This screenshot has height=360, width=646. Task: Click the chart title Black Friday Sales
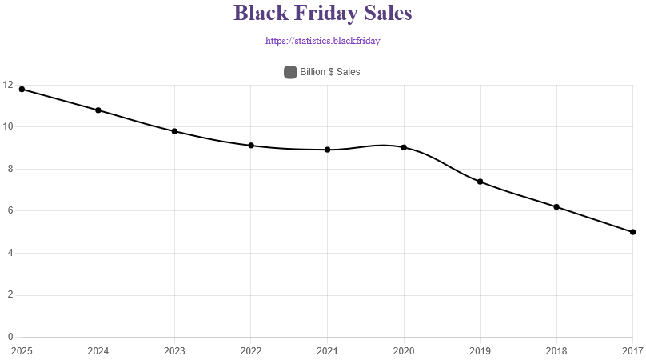tap(323, 14)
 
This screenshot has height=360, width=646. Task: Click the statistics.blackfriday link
tap(323, 40)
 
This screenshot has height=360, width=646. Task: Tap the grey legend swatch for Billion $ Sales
tap(290, 72)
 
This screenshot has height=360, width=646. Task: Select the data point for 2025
tap(22, 90)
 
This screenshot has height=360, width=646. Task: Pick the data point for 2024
tap(98, 110)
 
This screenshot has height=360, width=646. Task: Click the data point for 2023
tap(174, 131)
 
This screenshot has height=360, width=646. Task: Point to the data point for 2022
tap(251, 146)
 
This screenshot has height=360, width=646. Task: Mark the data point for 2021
tap(328, 150)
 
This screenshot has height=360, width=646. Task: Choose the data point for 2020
tap(404, 147)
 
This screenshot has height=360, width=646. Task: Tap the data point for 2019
tap(481, 182)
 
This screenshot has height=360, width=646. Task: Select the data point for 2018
tap(556, 207)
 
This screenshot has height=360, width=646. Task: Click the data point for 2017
tap(632, 232)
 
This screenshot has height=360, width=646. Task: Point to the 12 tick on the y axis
tap(7, 85)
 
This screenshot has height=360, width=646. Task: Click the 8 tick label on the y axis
tap(9, 169)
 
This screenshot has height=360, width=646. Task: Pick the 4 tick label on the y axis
tap(9, 253)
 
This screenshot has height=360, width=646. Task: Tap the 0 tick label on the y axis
tap(9, 337)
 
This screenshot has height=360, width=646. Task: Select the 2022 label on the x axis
tap(251, 350)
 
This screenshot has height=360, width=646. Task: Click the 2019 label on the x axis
tap(481, 350)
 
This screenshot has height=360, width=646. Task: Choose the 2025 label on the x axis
tap(22, 350)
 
